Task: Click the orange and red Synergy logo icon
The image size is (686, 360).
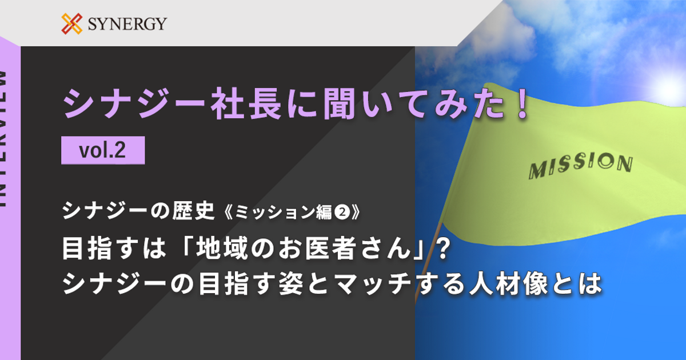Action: pyautogui.click(x=72, y=23)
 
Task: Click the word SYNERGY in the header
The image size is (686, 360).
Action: pyautogui.click(x=127, y=24)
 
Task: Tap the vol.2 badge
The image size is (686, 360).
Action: pyautogui.click(x=103, y=150)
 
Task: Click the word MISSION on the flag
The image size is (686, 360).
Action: pyautogui.click(x=581, y=166)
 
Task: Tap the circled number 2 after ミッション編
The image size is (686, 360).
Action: pyautogui.click(x=342, y=212)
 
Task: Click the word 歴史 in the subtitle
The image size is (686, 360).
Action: pyautogui.click(x=193, y=211)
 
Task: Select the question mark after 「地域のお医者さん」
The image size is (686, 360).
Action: pyautogui.click(x=441, y=249)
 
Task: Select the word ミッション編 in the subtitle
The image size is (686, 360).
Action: pyautogui.click(x=284, y=212)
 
